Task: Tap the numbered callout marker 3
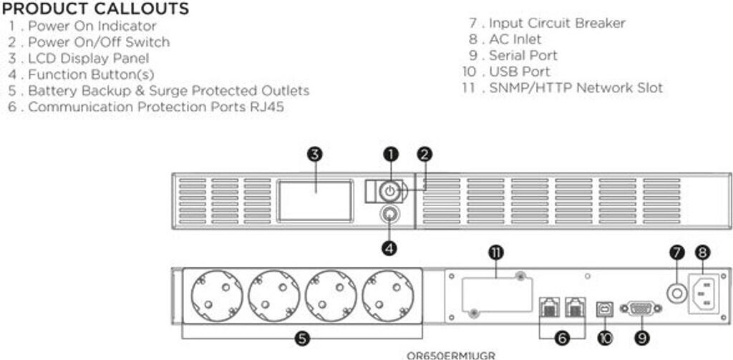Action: click(315, 154)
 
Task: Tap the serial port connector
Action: click(639, 308)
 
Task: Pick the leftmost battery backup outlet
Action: click(215, 296)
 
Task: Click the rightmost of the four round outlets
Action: click(387, 296)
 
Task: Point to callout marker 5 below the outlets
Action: click(302, 339)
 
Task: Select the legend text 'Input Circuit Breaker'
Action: click(557, 23)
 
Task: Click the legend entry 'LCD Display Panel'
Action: click(89, 58)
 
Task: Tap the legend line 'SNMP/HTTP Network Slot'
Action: click(576, 88)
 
